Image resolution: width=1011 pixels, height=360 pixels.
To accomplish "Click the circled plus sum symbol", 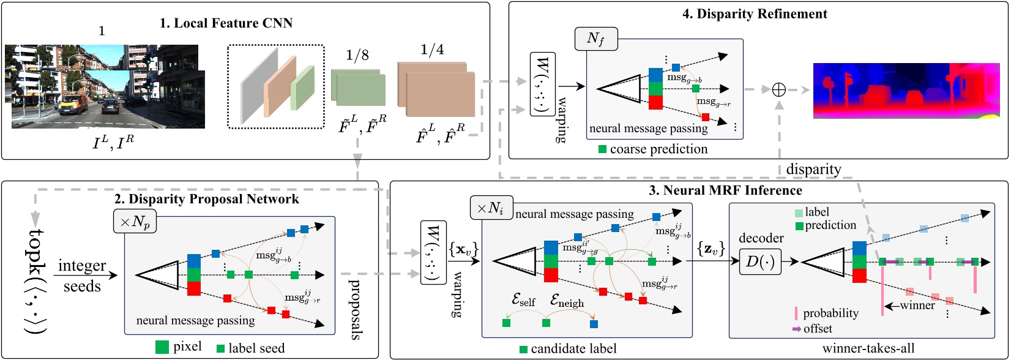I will point(778,89).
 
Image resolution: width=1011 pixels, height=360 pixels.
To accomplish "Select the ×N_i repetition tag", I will point(491,209).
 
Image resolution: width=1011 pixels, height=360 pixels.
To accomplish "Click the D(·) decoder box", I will point(761,261).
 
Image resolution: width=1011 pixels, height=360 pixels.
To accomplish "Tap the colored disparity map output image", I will point(909,89).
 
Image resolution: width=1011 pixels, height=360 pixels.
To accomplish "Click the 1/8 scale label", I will point(357,56).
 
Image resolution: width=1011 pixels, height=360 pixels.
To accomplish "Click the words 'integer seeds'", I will point(82,276).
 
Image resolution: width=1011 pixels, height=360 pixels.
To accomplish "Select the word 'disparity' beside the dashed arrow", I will point(813,169).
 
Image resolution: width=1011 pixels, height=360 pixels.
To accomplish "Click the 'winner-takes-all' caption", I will point(868,348).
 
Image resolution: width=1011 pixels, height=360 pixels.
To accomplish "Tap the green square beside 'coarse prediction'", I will point(602,149).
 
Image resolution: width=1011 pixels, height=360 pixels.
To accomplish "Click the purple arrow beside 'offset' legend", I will point(796,329).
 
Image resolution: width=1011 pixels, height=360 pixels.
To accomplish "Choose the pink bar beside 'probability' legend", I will point(796,313).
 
